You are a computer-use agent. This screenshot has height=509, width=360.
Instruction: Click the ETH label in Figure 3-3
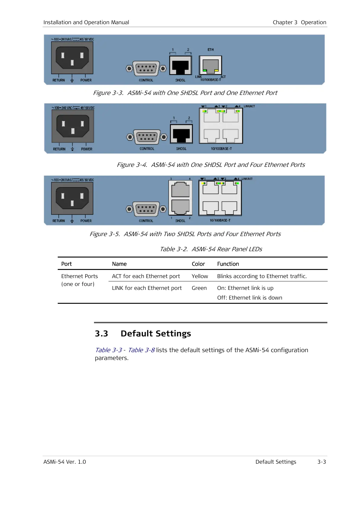click(x=210, y=50)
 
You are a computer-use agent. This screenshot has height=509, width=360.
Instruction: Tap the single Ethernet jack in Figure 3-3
click(x=210, y=66)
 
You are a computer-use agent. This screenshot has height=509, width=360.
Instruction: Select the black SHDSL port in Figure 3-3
click(x=180, y=65)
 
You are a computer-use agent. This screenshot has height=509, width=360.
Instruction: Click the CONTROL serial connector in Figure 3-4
click(x=147, y=137)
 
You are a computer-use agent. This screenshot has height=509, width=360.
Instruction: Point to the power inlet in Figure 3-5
click(x=72, y=198)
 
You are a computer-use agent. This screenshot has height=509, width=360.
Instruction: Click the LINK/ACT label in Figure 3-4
click(x=249, y=106)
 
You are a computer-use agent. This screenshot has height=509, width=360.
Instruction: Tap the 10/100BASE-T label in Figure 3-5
click(x=220, y=220)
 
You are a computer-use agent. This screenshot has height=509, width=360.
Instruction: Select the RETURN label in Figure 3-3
click(x=59, y=80)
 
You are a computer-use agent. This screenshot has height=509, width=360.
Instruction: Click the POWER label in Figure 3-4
click(x=87, y=149)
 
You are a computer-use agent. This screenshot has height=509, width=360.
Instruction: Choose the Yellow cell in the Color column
click(x=200, y=276)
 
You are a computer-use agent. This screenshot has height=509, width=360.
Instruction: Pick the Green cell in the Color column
click(x=199, y=288)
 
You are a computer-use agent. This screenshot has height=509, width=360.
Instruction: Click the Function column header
click(x=228, y=264)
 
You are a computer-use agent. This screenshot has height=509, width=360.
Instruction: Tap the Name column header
click(x=119, y=264)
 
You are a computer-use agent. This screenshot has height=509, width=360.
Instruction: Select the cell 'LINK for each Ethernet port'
click(x=147, y=288)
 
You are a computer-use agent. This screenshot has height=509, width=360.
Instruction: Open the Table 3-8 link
click(x=141, y=350)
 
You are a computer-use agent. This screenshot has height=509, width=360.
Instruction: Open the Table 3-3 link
click(x=109, y=350)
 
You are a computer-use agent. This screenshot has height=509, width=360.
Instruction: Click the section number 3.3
click(x=101, y=333)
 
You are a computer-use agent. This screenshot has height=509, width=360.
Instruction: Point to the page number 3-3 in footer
click(x=322, y=462)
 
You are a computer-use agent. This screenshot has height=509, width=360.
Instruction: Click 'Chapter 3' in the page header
click(x=285, y=22)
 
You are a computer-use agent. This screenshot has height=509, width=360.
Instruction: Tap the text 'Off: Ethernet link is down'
click(x=250, y=298)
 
